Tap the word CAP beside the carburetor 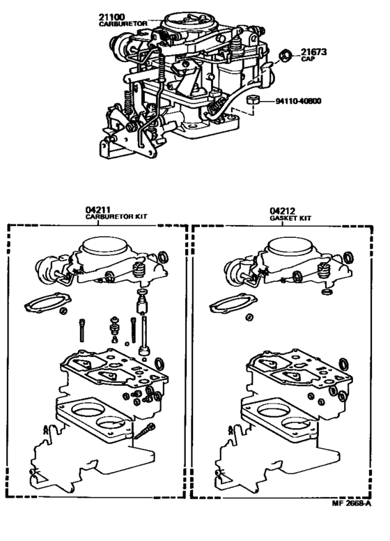[309, 60]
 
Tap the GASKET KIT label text [290, 218]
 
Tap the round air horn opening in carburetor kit [105, 247]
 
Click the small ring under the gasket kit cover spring [325, 293]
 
